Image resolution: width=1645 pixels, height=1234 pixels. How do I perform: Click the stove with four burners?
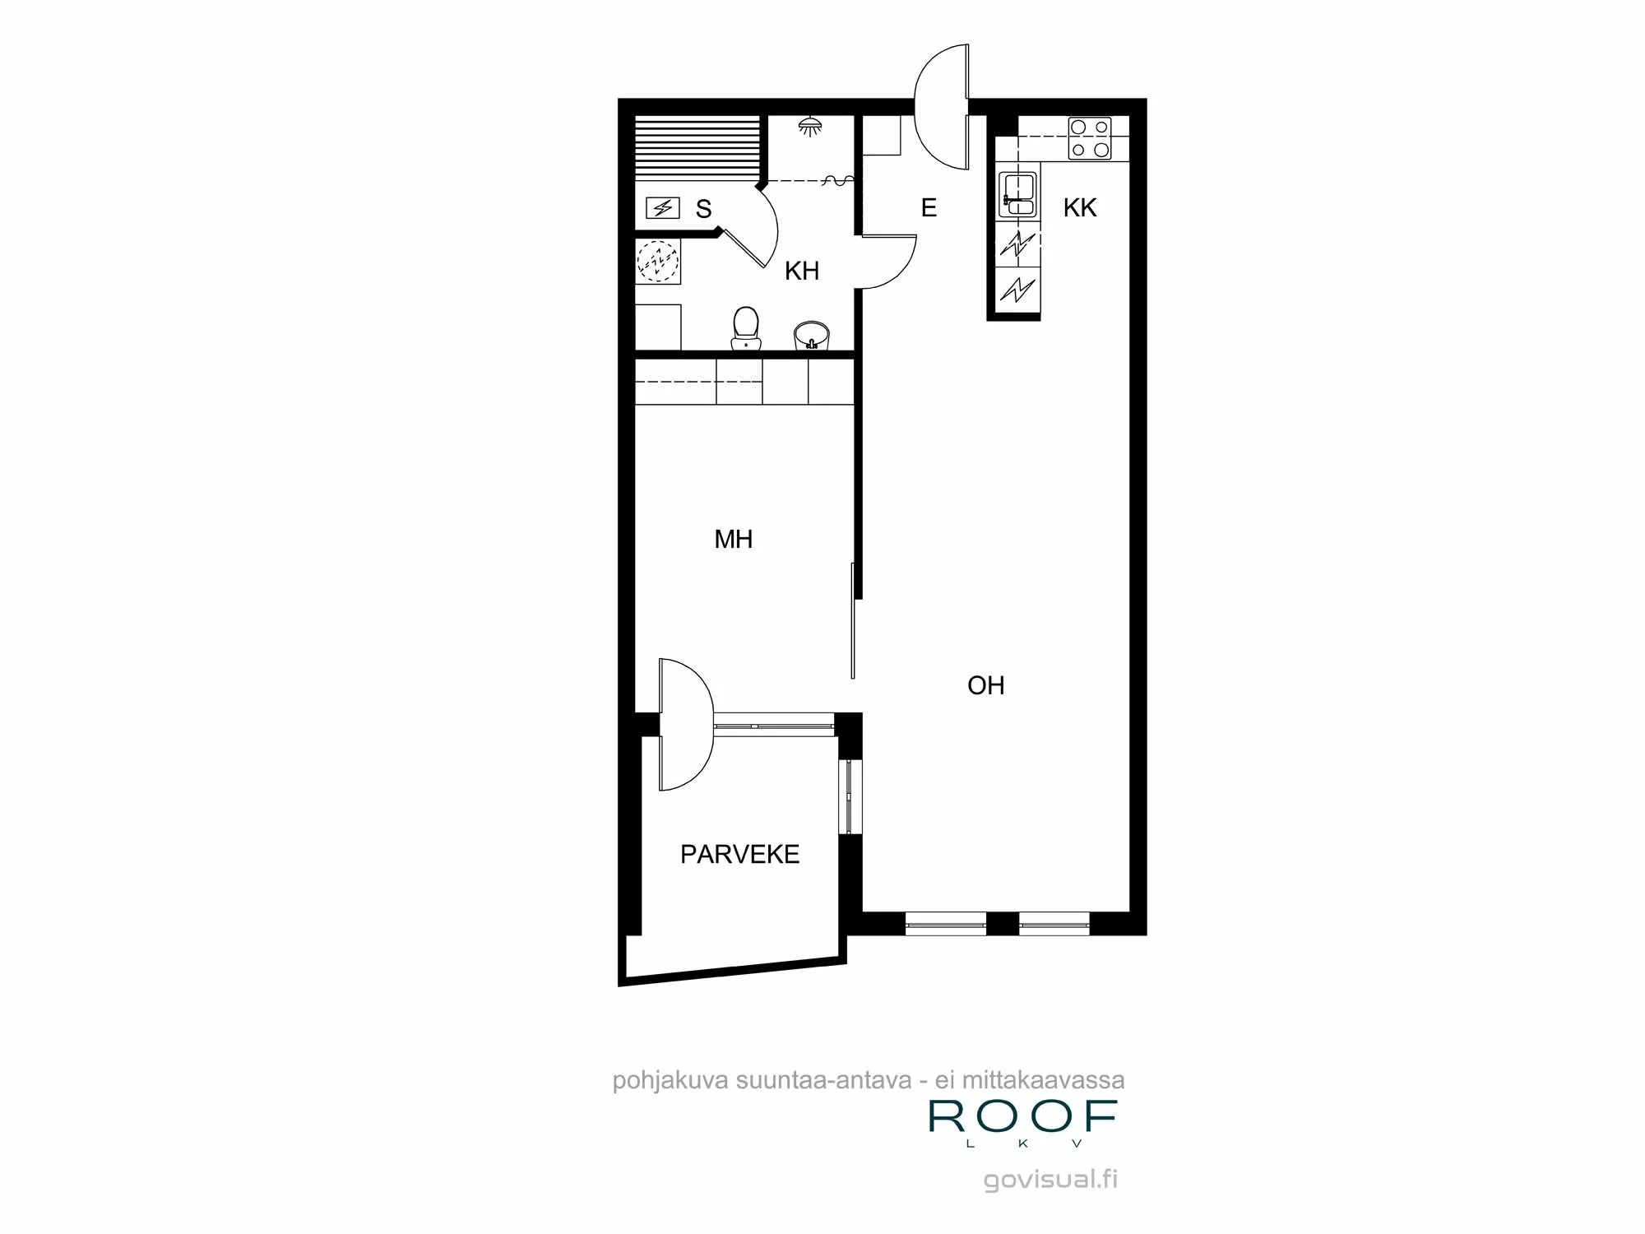pyautogui.click(x=1089, y=138)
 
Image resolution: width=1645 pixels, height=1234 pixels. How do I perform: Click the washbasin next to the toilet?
pyautogui.click(x=812, y=336)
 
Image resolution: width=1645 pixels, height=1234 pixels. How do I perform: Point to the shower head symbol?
pyautogui.click(x=811, y=127)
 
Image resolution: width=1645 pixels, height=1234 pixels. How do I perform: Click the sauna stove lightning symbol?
pyautogui.click(x=662, y=208)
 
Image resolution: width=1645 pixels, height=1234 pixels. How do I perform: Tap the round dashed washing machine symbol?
pyautogui.click(x=659, y=261)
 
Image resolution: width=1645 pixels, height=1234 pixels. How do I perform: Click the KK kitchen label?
pyautogui.click(x=1080, y=208)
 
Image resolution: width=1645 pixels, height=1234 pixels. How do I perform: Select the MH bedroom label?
pyautogui.click(x=733, y=540)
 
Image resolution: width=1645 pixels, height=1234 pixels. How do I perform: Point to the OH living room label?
pyautogui.click(x=985, y=685)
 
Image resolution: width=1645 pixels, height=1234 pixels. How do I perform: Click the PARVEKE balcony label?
pyautogui.click(x=739, y=855)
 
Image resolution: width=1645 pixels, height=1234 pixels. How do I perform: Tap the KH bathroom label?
pyautogui.click(x=801, y=271)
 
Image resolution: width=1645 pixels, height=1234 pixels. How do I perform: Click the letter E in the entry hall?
pyautogui.click(x=929, y=208)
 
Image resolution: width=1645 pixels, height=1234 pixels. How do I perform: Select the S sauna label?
pyautogui.click(x=703, y=209)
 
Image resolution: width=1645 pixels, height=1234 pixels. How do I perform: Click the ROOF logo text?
pyautogui.click(x=1022, y=1116)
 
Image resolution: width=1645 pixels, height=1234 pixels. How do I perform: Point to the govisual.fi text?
pyautogui.click(x=1050, y=1180)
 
